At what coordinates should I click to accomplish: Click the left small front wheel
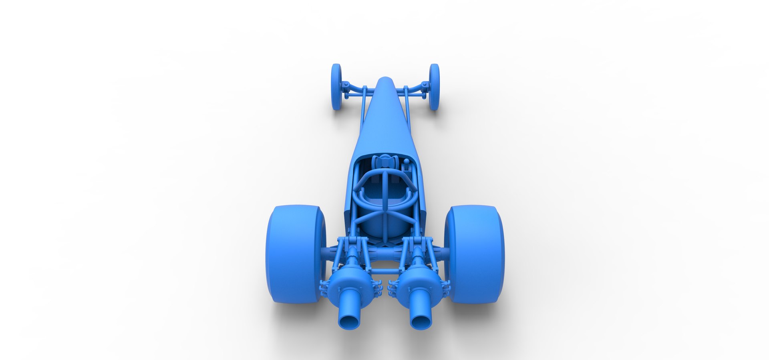pos(336,87)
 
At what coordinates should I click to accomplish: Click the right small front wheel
pos(434,87)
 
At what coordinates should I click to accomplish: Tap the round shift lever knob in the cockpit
pos(407,162)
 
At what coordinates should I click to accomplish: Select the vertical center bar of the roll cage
pos(384,192)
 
